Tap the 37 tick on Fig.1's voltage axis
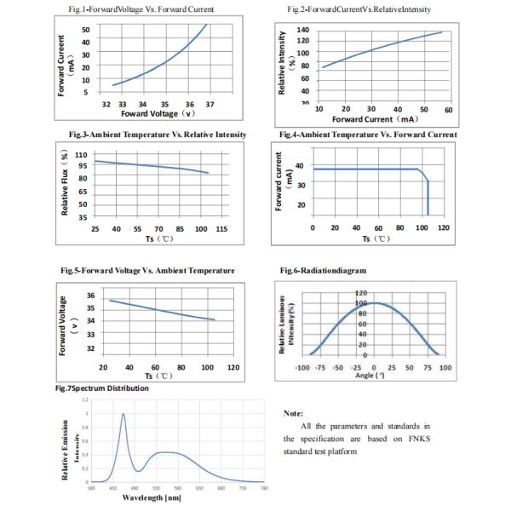pos(211,106)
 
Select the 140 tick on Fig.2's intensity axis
pos(303,29)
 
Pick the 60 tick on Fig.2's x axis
pos(449,109)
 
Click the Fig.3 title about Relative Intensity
pos(158,135)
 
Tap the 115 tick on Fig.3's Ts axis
pos(221,230)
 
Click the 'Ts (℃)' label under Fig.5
pos(158,375)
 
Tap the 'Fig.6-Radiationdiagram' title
pos(324,270)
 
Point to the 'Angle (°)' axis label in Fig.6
pos(369,375)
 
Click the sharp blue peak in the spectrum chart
pos(123,415)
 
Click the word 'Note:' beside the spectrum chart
pos(293,413)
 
